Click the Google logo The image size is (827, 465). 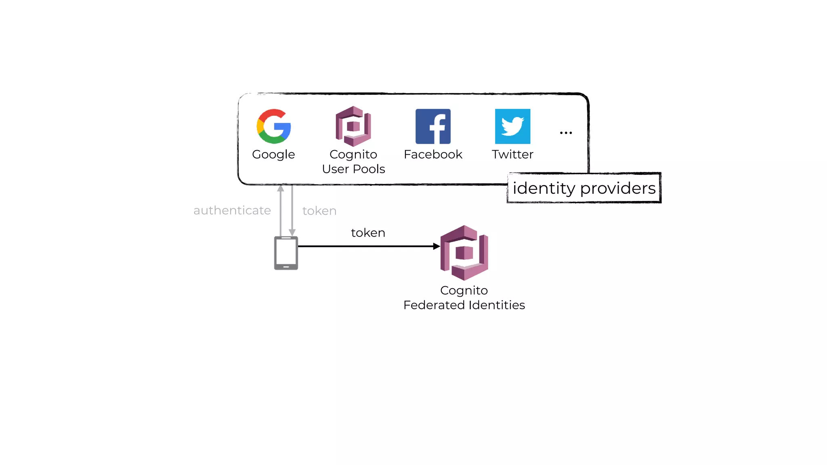pos(274,126)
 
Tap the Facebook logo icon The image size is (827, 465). pos(433,126)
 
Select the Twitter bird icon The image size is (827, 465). pos(512,126)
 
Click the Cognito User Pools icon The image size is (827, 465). pos(353,126)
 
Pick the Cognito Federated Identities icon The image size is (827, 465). pos(464,253)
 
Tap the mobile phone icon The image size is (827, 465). pos(286,253)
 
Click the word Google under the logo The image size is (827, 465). pos(273,155)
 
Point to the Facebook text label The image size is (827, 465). pos(433,154)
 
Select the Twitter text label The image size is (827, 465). pos(512,154)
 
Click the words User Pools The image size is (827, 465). pos(353,169)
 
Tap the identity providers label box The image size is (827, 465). pos(584,188)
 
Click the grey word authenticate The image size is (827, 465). pos(232,210)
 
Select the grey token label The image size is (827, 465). pos(319,211)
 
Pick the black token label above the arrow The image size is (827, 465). pos(368,232)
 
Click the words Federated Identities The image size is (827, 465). pos(464,305)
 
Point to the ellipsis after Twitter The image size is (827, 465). pos(566,133)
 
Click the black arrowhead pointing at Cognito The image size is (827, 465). pos(436,246)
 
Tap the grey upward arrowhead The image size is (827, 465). pos(281,189)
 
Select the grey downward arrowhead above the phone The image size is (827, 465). pos(292,232)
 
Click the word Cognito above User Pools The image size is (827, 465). pos(353,154)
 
